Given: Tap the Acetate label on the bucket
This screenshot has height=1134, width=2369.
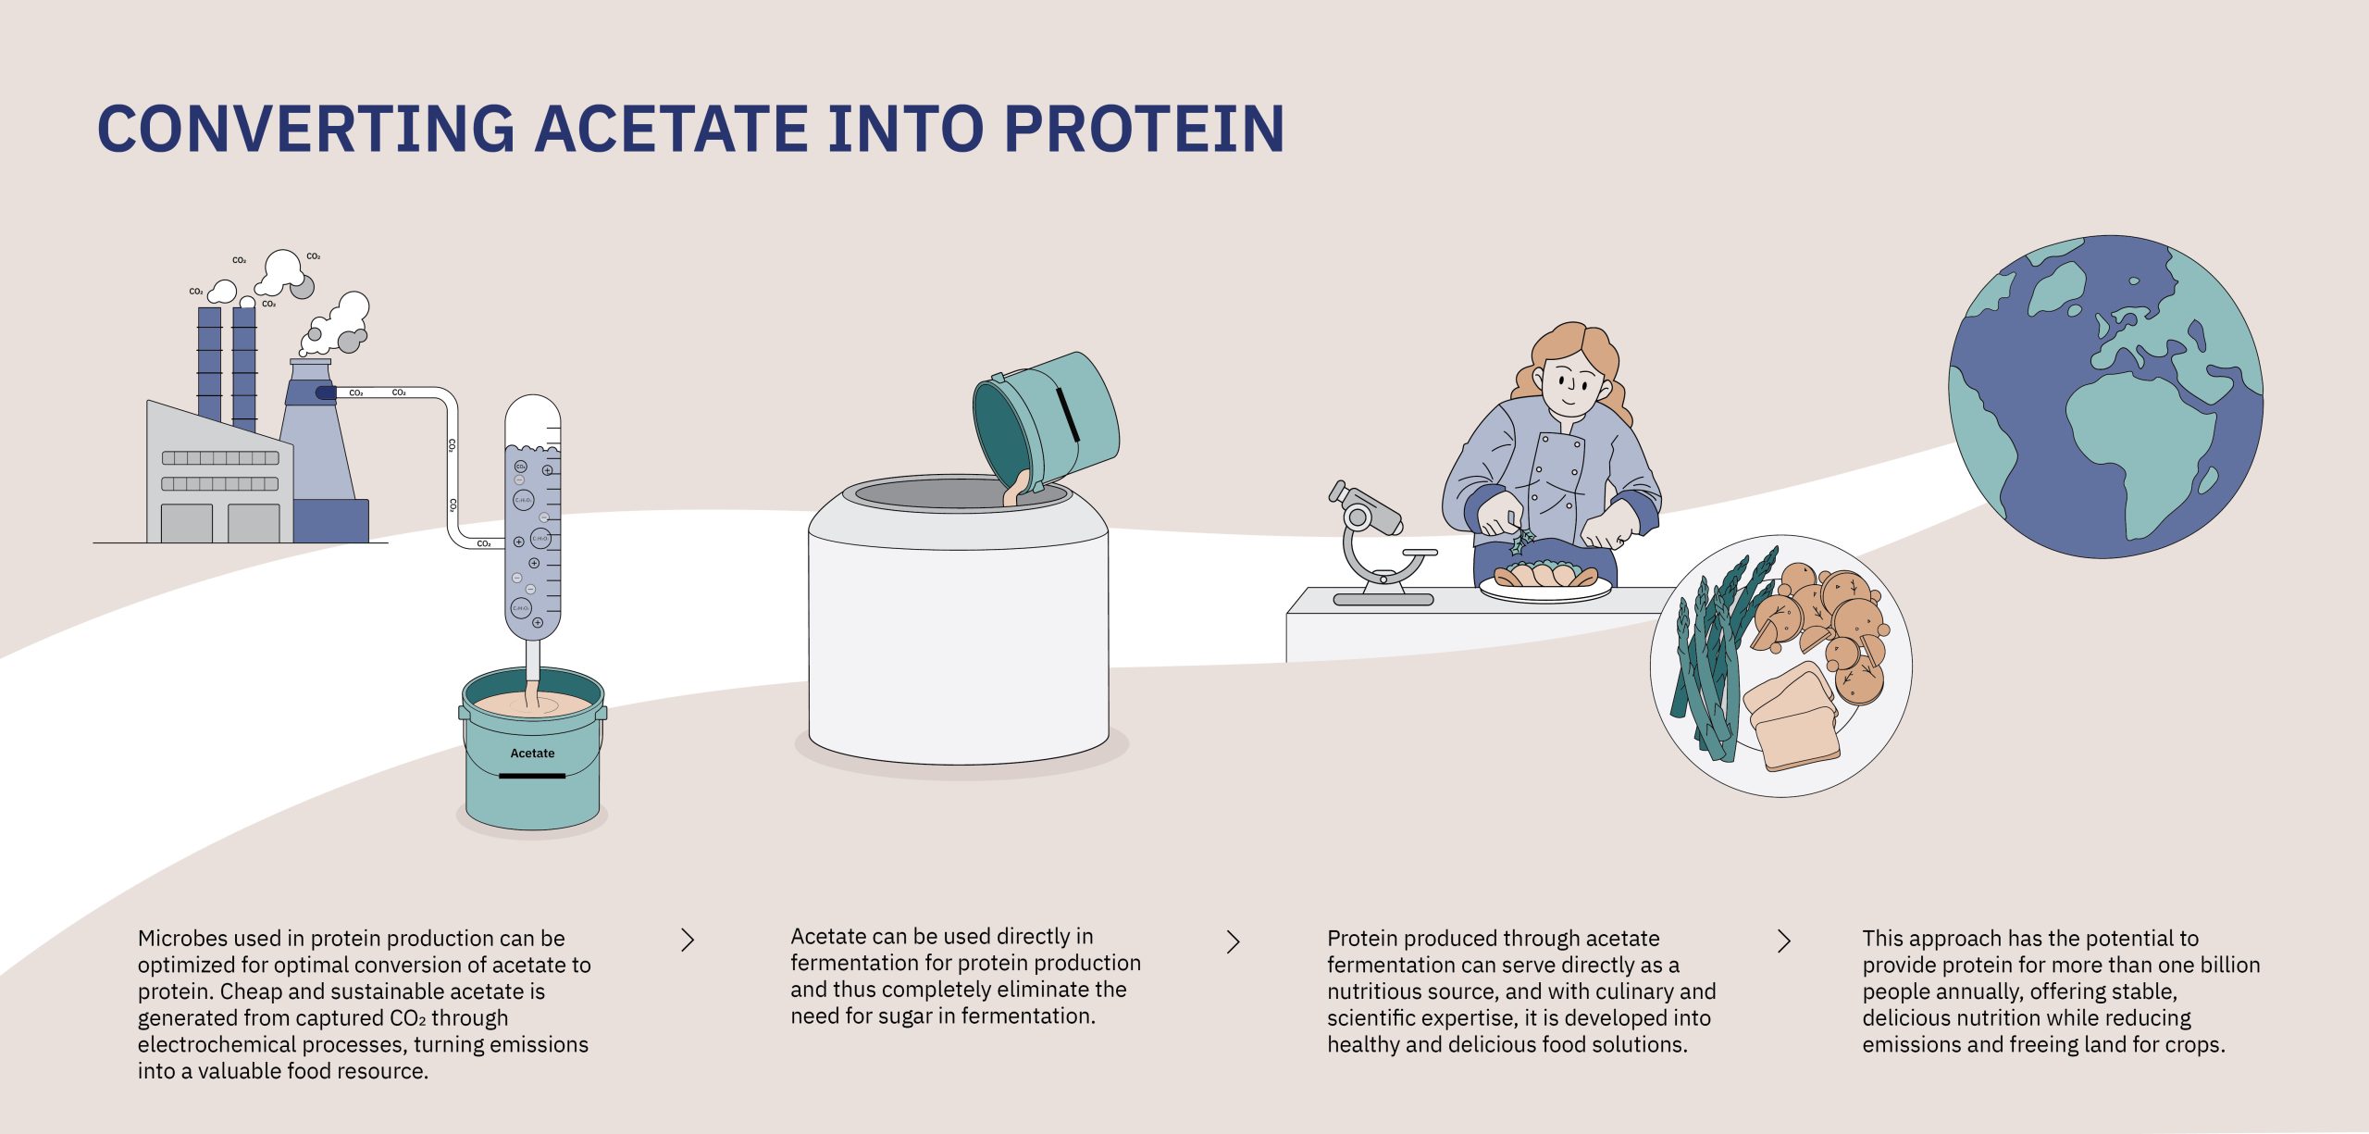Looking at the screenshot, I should [x=532, y=754].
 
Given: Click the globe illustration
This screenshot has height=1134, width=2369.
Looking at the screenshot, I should [x=2105, y=396].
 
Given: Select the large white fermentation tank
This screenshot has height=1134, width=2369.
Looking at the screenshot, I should [x=958, y=629].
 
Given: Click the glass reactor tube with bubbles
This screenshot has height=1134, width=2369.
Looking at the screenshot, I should [x=533, y=518].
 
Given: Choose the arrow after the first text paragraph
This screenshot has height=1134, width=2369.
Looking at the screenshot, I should [x=688, y=941].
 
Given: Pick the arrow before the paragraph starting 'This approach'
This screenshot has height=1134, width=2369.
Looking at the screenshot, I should [x=1784, y=941].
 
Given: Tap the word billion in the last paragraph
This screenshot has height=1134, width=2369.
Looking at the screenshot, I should [x=2226, y=965].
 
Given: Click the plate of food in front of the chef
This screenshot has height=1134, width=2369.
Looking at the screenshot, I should [x=1544, y=581].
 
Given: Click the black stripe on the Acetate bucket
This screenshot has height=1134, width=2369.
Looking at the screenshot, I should [x=532, y=776].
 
